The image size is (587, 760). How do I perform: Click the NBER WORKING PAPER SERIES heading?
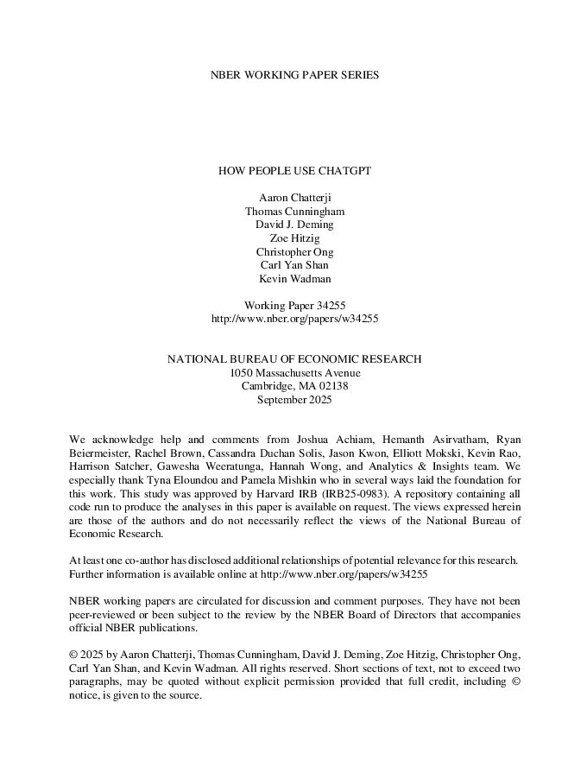click(x=294, y=75)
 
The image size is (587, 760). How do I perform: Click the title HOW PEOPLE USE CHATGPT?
click(x=294, y=171)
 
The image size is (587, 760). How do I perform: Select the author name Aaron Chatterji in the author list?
click(x=294, y=197)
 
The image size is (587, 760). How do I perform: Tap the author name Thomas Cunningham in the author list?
click(x=294, y=211)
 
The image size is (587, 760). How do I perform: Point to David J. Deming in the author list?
click(x=294, y=225)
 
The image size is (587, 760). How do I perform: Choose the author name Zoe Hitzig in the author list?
click(x=294, y=237)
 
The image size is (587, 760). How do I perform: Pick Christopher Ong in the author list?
click(x=294, y=251)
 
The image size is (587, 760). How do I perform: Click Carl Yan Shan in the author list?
click(x=294, y=265)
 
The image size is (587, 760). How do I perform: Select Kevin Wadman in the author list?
click(x=294, y=278)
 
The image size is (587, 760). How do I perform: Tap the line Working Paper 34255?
click(x=294, y=305)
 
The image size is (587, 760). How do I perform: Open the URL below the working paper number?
click(x=294, y=319)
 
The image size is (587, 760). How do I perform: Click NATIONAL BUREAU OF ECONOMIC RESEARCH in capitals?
click(x=294, y=359)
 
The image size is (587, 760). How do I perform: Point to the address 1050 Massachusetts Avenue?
click(x=294, y=373)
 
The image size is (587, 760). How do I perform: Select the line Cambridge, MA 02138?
click(x=294, y=386)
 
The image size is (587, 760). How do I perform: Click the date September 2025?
click(x=294, y=400)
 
